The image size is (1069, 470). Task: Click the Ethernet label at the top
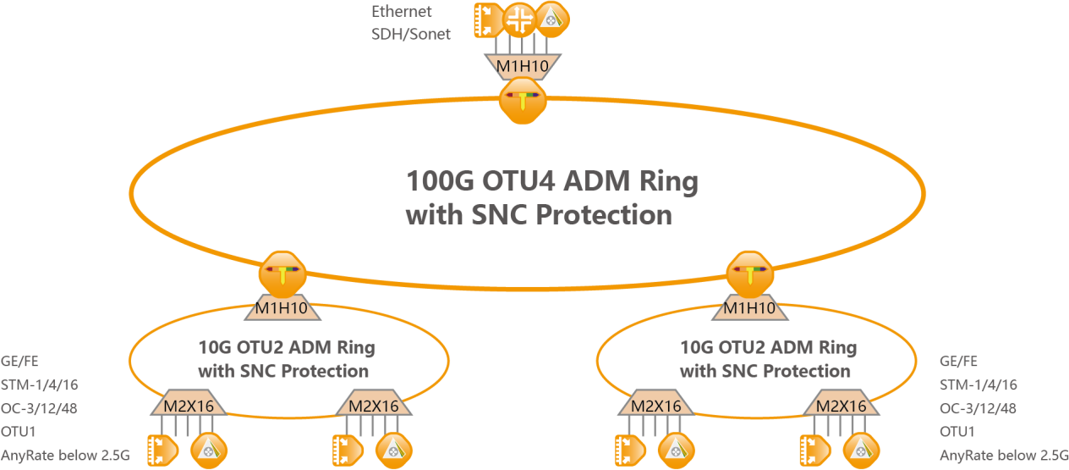(x=402, y=12)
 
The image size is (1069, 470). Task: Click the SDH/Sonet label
(x=411, y=34)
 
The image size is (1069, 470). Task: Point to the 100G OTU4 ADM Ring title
(x=552, y=182)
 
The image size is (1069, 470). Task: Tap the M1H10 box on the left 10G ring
(x=281, y=308)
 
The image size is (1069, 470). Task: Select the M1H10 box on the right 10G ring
(x=749, y=308)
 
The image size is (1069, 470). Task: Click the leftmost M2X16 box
(x=188, y=406)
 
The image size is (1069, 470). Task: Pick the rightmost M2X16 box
(x=841, y=406)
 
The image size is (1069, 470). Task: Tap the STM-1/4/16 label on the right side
(x=978, y=384)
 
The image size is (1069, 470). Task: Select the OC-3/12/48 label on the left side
(x=41, y=408)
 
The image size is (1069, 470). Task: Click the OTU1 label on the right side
(x=957, y=432)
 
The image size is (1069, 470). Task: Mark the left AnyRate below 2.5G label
(x=65, y=455)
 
